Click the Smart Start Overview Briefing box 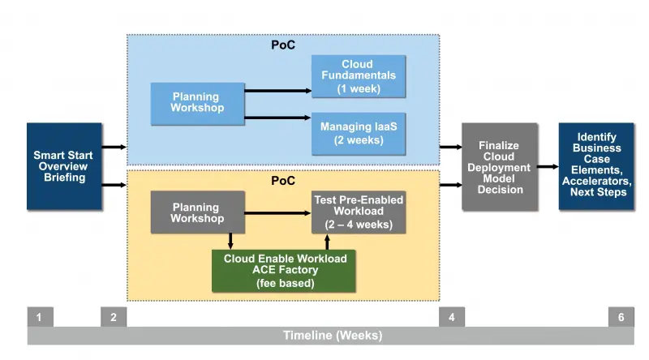coord(64,166)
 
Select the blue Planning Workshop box coord(197,104)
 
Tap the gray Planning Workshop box coord(197,212)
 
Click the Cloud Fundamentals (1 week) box coord(359,76)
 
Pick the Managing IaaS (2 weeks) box coord(359,133)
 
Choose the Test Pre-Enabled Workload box coord(359,212)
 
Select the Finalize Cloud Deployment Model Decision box coord(500,167)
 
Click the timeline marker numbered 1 coord(40,317)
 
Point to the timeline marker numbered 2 coord(114,317)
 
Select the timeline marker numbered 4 coord(452,317)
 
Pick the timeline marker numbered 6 coord(621,317)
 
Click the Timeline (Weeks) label coord(332,336)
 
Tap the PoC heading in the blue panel coord(283,45)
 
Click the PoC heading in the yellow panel coord(283,180)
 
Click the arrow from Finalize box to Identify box coord(548,166)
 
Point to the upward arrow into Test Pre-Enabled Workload coord(328,242)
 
